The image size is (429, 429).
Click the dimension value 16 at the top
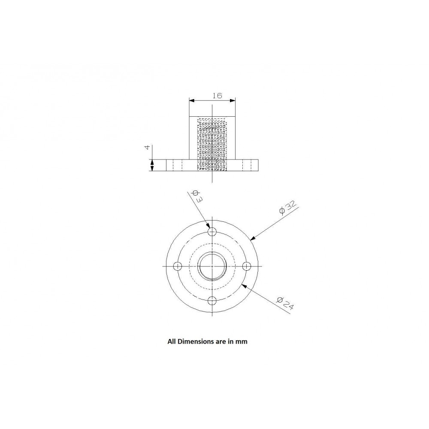click(x=217, y=96)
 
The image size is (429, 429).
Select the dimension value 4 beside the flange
click(x=148, y=147)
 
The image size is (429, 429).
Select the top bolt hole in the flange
click(x=212, y=232)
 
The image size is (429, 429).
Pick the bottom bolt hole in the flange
click(x=212, y=301)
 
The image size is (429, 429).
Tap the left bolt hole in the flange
click(x=177, y=266)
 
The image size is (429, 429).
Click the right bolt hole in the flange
click(x=246, y=266)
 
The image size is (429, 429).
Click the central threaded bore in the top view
click(x=212, y=266)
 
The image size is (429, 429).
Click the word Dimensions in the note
click(x=196, y=342)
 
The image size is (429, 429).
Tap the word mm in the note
click(x=243, y=342)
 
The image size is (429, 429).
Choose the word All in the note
click(x=171, y=342)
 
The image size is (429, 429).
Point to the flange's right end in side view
click(x=259, y=165)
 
